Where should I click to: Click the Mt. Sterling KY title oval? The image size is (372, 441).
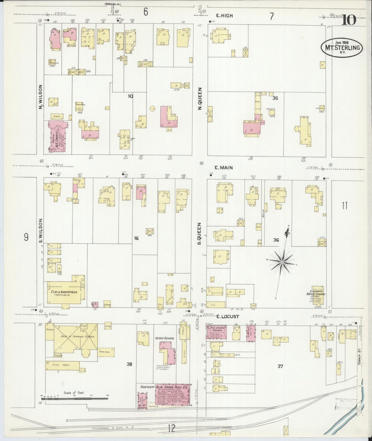pyautogui.click(x=342, y=47)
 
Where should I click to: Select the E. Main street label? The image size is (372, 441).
pyautogui.click(x=223, y=168)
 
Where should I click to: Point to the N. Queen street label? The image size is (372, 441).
pyautogui.click(x=200, y=99)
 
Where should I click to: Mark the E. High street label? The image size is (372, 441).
pyautogui.click(x=224, y=16)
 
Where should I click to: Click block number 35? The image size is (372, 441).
pyautogui.click(x=275, y=98)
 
